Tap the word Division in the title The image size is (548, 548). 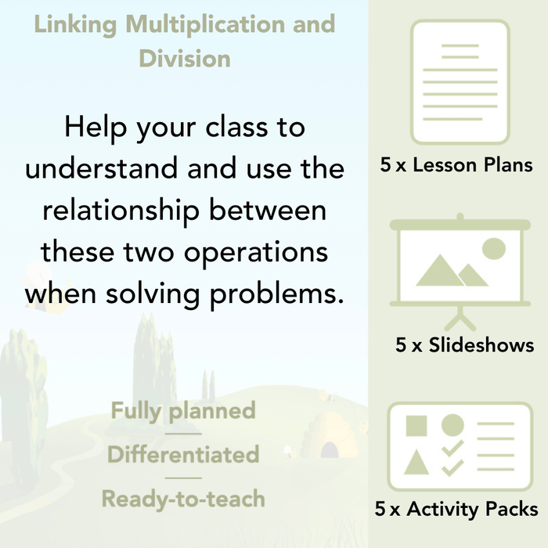(x=185, y=58)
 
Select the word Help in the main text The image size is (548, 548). (x=98, y=127)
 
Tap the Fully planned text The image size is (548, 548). (x=183, y=410)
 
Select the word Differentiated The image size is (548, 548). (x=183, y=454)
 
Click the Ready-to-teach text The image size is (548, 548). (x=183, y=498)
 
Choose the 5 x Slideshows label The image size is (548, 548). (x=465, y=344)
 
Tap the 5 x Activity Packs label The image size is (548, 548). (x=456, y=510)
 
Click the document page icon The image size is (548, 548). (x=460, y=81)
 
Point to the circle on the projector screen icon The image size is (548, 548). (x=493, y=248)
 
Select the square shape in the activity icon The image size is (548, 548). (x=416, y=426)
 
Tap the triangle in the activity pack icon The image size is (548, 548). (x=416, y=463)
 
